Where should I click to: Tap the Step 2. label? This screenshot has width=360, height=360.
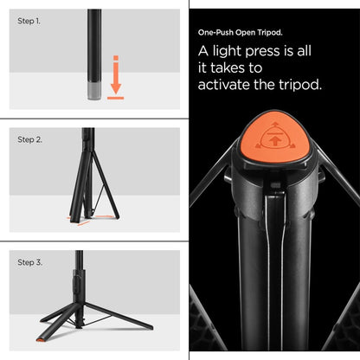tap(30, 138)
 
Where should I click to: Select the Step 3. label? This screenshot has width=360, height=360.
tap(30, 260)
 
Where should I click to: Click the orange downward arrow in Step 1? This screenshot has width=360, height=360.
tap(115, 73)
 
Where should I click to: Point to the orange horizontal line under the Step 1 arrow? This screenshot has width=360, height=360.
tap(115, 98)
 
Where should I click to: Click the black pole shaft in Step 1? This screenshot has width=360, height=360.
tap(93, 43)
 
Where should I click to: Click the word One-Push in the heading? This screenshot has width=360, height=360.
tap(215, 32)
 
